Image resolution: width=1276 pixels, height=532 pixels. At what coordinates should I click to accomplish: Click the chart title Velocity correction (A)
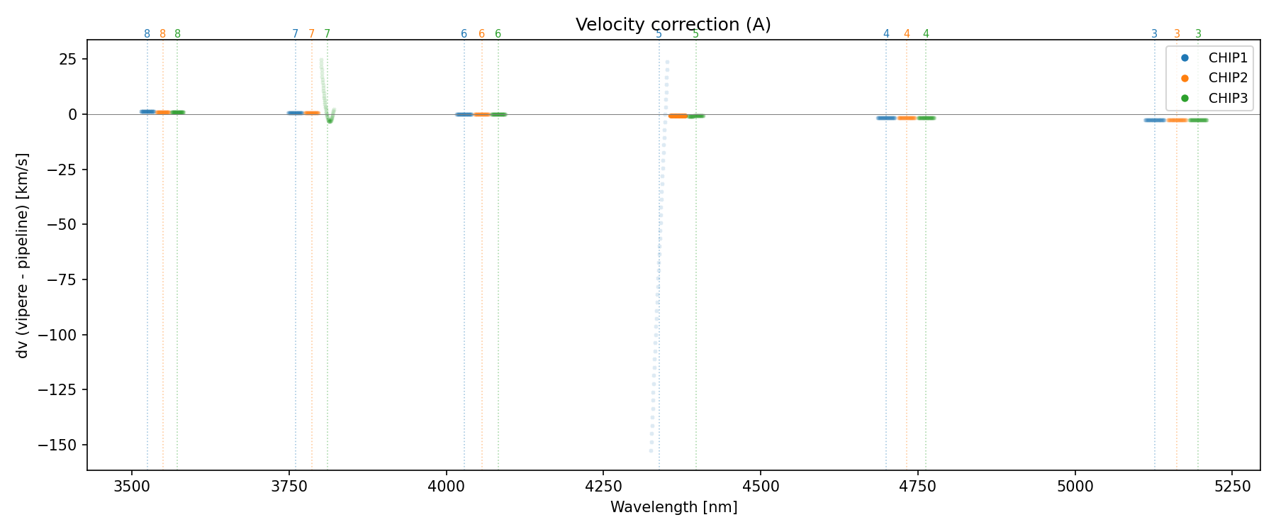coord(673,25)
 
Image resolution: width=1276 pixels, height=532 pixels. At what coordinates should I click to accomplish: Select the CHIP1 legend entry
coord(1228,58)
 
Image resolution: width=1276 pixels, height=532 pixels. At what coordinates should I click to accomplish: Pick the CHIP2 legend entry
coord(1228,78)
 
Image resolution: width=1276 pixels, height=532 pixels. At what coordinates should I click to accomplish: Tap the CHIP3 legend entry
coord(1228,99)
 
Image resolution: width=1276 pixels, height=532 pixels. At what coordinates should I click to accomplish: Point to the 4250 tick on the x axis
coord(603,486)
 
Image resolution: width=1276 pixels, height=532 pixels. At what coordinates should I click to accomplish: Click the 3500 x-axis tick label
coord(132,486)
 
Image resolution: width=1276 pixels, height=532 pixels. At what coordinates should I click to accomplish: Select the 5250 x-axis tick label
coord(1232,486)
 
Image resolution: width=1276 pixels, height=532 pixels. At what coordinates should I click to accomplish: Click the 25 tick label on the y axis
coord(68,59)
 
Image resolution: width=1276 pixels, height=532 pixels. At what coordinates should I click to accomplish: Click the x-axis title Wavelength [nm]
coord(673,507)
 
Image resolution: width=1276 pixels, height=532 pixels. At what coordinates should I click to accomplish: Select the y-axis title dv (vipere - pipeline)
coord(23,255)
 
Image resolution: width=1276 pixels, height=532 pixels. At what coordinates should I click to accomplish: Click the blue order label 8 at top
coord(147,34)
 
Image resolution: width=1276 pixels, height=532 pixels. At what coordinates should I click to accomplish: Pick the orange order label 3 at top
coord(1177,34)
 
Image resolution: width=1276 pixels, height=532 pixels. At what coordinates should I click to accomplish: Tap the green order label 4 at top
coord(926,34)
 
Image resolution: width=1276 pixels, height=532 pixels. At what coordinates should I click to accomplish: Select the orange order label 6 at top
coord(481,34)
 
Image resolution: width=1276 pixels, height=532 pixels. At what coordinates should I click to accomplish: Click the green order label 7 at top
coord(327,34)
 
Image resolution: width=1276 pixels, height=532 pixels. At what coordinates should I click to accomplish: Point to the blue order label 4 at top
coord(886,34)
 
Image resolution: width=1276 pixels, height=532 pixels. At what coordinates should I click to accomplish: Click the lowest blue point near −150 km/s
coord(651,450)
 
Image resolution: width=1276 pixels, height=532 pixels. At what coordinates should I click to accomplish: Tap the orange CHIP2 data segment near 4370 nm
coord(678,116)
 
